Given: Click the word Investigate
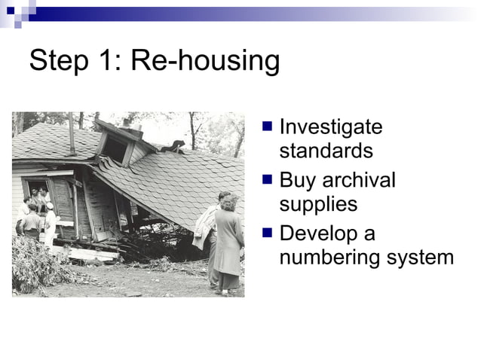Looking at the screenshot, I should [330, 127].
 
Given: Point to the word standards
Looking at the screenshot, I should [326, 151].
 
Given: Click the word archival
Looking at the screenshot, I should [359, 180].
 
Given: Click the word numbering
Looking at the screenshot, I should [328, 258].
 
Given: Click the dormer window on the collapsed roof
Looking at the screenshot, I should [115, 148].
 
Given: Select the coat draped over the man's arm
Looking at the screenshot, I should [204, 227].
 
